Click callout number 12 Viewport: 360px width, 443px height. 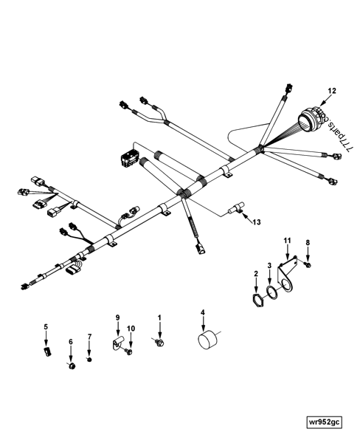pos(332,90)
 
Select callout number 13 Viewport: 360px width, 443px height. pos(256,221)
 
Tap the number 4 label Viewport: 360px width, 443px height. pos(204,312)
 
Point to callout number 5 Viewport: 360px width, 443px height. pos(45,326)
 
